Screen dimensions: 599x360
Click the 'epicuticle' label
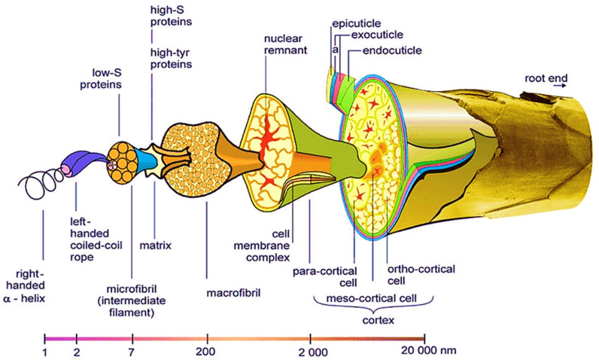[356, 23]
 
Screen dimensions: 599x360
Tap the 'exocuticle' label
[377, 35]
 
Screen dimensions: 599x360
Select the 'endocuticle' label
[392, 50]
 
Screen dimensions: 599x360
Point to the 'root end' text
[546, 78]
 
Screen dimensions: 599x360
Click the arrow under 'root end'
[561, 86]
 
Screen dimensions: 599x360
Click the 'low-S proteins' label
[101, 78]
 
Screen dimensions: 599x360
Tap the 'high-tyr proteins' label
[171, 58]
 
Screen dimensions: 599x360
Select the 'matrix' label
[156, 245]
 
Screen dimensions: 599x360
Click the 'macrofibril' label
[233, 293]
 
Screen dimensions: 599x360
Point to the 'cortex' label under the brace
[379, 320]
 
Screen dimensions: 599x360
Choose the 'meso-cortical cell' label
[371, 297]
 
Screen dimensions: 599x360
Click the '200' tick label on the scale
[205, 351]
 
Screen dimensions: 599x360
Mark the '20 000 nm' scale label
[428, 350]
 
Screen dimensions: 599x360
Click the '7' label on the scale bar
[132, 352]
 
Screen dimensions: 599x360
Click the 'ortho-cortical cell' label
[421, 275]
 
